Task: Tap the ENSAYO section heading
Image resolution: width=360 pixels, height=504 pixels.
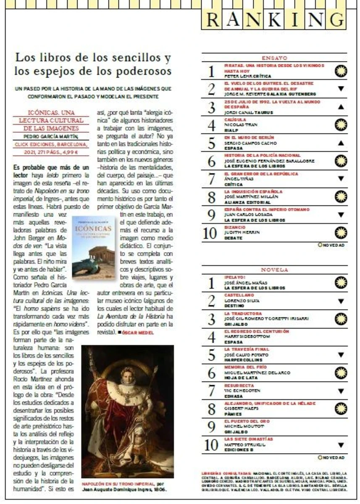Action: (x=274, y=58)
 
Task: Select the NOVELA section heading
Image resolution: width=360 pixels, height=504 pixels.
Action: (x=274, y=270)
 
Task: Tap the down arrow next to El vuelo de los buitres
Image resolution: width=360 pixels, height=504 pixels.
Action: (x=341, y=89)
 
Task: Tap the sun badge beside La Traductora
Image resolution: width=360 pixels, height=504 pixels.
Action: (x=341, y=319)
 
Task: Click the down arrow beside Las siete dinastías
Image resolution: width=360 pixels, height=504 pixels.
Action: (x=341, y=445)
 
